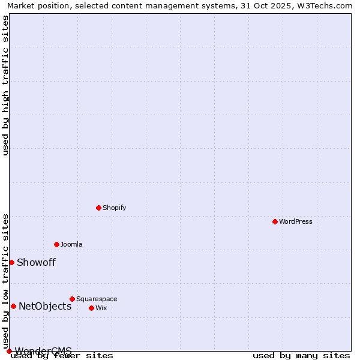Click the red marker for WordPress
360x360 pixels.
[275, 221]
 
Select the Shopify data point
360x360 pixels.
[98, 208]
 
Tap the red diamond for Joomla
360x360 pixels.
[56, 244]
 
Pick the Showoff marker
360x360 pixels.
[11, 262]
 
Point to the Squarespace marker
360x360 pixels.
[72, 299]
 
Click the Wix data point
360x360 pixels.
[91, 308]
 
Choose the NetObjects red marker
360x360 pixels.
[13, 306]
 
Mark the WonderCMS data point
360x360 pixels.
[9, 351]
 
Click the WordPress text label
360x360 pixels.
[295, 221]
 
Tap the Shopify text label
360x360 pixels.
[114, 208]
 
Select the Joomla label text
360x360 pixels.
[71, 244]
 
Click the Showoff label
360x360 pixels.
[36, 262]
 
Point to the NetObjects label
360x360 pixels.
[45, 306]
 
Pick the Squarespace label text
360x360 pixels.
[97, 299]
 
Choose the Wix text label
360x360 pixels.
[101, 308]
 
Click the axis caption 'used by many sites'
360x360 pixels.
[301, 355]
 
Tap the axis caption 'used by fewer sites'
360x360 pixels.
[62, 355]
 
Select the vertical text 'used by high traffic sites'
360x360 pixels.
[5, 85]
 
